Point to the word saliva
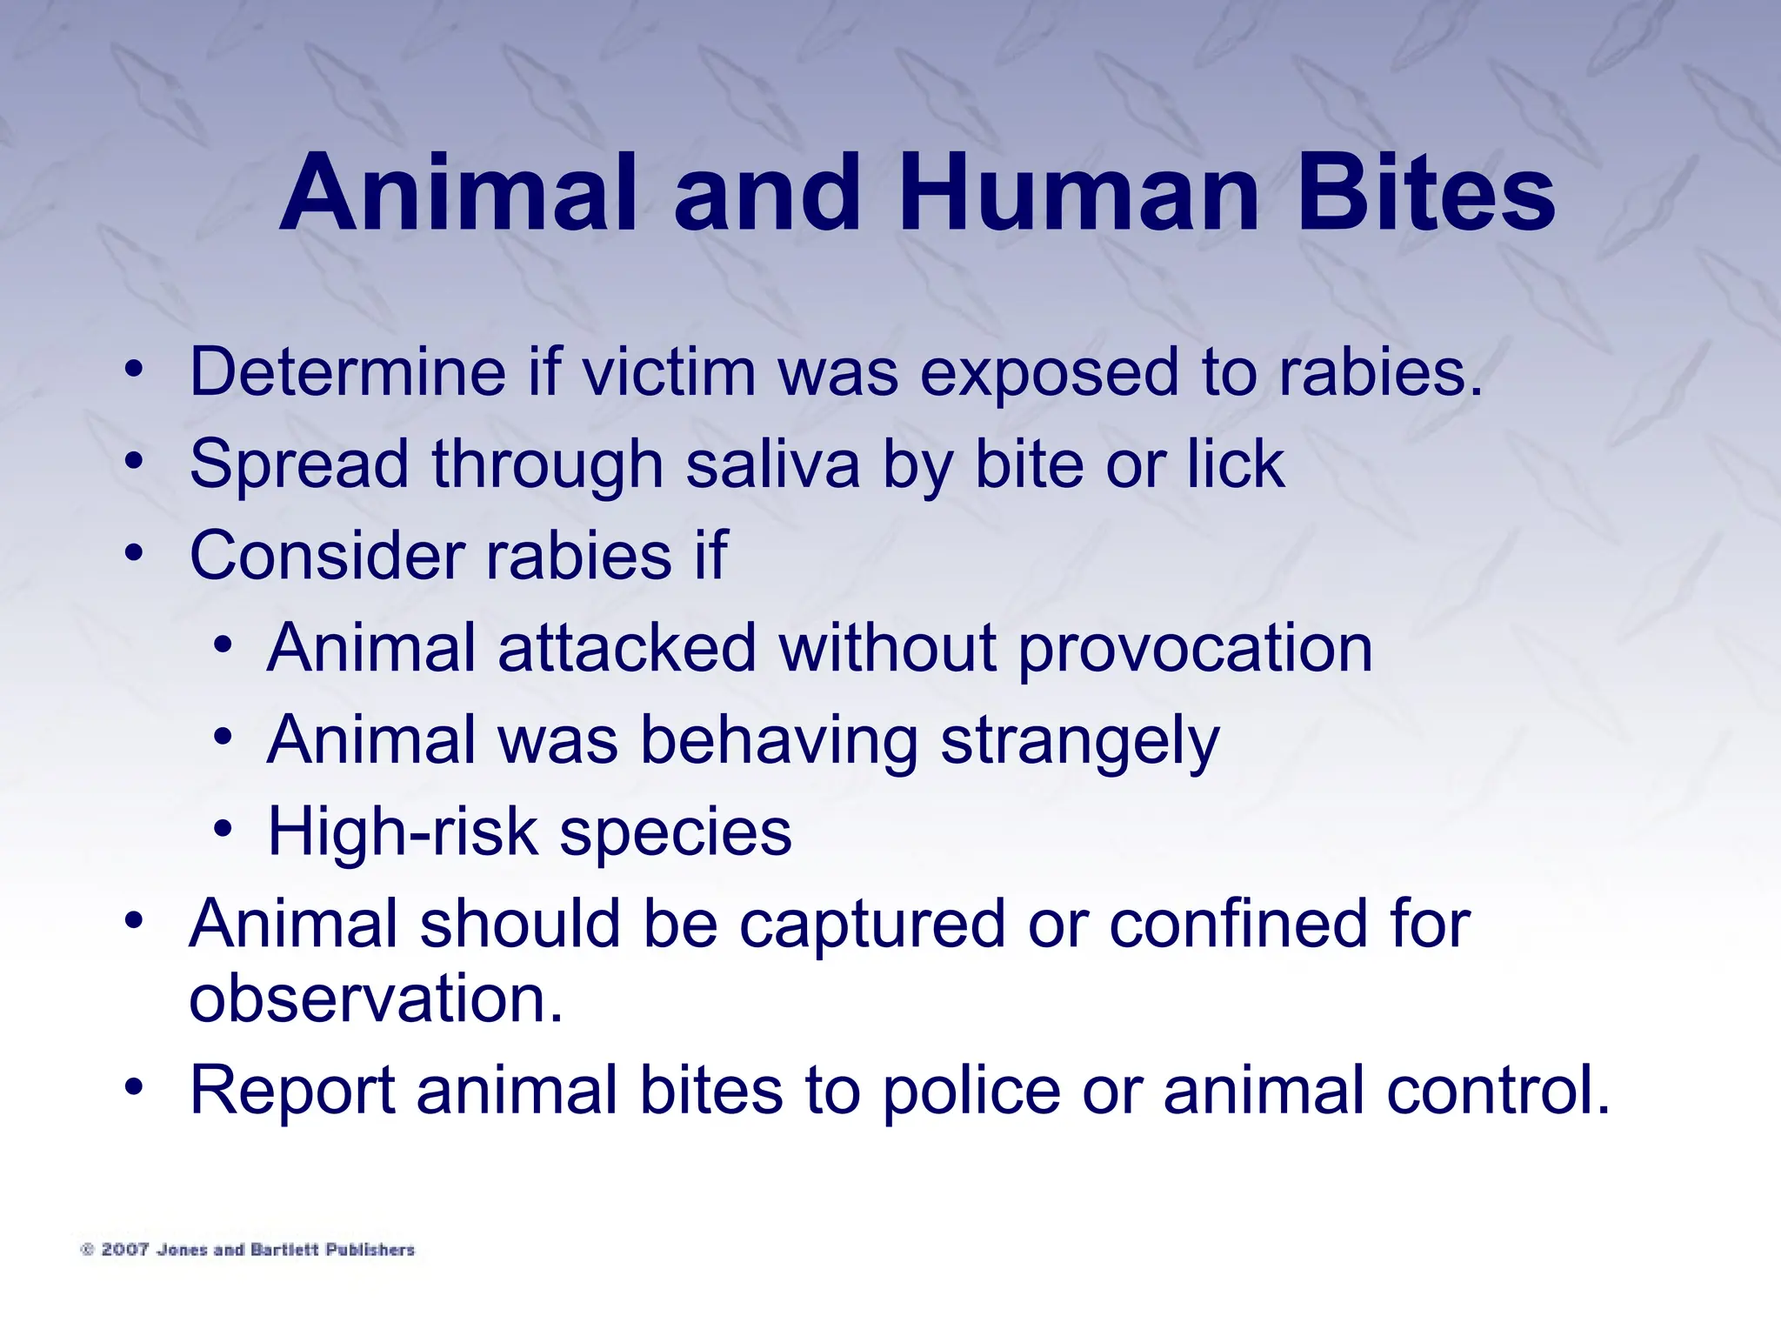pyautogui.click(x=772, y=464)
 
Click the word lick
pyautogui.click(x=1236, y=464)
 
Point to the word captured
pyautogui.click(x=872, y=925)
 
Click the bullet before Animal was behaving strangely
pyautogui.click(x=223, y=738)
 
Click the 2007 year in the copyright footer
pyautogui.click(x=124, y=1250)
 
